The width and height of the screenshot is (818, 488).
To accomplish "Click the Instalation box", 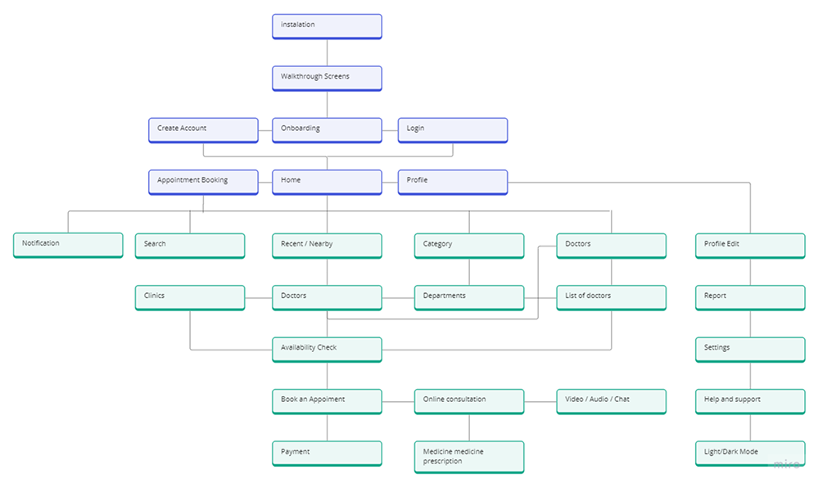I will pos(327,26).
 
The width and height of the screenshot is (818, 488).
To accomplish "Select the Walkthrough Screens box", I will pos(327,78).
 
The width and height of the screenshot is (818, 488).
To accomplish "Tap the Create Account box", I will pos(203,129).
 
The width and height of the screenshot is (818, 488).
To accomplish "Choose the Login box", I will pos(452,129).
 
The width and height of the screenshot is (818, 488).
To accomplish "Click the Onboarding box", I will pos(327,129).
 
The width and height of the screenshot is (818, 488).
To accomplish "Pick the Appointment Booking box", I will pos(203,181).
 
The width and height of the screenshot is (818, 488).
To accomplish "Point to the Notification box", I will pos(68,245).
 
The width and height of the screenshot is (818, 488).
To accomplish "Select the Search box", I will pos(189,245).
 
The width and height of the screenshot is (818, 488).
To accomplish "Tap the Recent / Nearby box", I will pos(327,245).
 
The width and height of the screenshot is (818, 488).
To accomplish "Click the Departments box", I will pos(468,297).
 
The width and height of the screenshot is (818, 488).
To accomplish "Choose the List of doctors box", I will pos(611,297).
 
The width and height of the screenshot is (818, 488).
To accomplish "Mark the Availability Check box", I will pos(327,349).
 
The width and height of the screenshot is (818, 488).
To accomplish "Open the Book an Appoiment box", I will pos(327,400).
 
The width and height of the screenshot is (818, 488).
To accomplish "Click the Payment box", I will pos(327,453).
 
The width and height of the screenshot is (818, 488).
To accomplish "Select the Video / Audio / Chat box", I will pos(611,400).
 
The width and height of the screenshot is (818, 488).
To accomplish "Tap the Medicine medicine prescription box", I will pos(468,456).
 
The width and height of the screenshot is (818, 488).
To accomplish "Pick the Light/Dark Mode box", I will pos(750,453).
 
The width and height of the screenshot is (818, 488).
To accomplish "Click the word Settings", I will pos(717,348).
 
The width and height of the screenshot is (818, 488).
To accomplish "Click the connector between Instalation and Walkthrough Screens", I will pos(327,52).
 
